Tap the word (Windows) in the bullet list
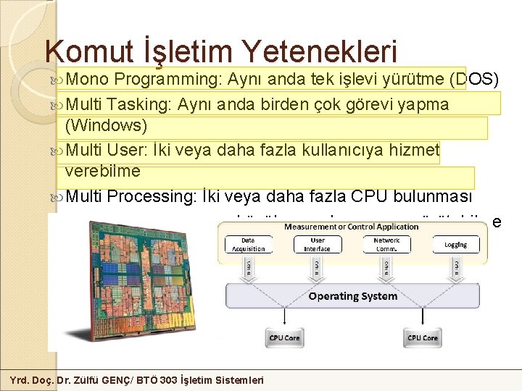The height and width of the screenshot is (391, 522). (106, 126)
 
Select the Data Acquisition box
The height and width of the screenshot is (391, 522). (248, 244)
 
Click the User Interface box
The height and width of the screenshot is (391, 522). (317, 244)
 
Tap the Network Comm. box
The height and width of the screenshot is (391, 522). (386, 244)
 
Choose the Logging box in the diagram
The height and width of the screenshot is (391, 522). (455, 245)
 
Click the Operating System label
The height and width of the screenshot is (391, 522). (353, 295)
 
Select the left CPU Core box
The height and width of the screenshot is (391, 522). (284, 337)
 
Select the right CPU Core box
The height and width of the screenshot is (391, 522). (423, 337)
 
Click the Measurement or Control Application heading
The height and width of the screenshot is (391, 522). (352, 227)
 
